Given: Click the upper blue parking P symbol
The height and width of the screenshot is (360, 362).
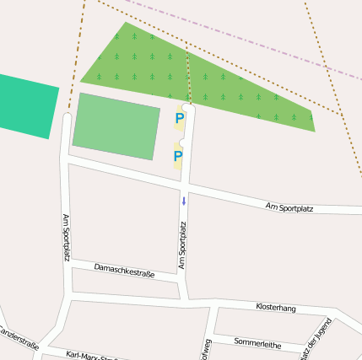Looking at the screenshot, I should click(x=179, y=119).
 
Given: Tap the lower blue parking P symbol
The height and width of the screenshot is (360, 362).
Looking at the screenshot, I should click(x=178, y=156).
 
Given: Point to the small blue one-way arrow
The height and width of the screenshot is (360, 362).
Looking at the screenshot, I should click(x=183, y=201).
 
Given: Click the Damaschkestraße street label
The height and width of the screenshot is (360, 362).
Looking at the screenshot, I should click(x=125, y=270).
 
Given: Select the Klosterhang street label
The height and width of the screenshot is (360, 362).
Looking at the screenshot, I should click(x=276, y=308).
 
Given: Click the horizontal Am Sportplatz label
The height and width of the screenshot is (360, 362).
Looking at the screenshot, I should click(x=289, y=207).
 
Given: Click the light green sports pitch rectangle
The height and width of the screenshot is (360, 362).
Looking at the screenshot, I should click(x=116, y=126).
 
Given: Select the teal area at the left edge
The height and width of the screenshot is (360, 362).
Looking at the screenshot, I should click(x=25, y=105).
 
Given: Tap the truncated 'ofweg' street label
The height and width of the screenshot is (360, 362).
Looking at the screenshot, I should click(x=205, y=347).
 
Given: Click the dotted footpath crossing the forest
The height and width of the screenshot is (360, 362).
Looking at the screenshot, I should click(x=188, y=76).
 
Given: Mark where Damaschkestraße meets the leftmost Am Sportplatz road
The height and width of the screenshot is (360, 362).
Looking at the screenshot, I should click(x=70, y=264).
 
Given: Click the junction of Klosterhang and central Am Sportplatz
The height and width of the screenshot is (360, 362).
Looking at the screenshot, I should click(x=186, y=298).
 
